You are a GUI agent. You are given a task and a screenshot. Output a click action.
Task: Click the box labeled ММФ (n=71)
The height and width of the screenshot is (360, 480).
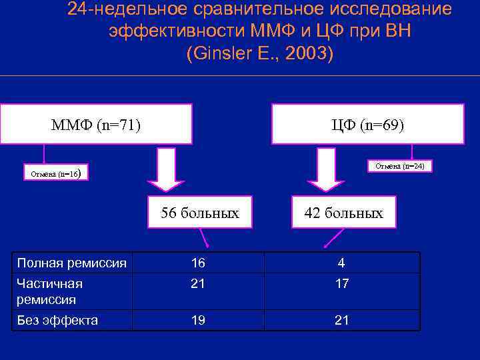coord(96,124)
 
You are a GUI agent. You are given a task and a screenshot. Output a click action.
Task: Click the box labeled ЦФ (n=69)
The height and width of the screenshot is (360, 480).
coord(368,124)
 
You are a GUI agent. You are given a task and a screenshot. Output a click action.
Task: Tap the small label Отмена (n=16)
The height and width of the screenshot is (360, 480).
coord(56,174)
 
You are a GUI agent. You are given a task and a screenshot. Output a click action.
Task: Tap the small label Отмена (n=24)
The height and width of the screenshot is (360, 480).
coord(399,166)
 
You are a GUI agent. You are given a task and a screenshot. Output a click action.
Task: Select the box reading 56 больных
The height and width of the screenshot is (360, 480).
coord(199,213)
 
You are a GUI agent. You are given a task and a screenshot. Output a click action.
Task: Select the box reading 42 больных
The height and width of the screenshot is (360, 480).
coord(343,213)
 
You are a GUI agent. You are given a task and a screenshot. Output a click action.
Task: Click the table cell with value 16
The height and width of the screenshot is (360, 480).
coord(197,263)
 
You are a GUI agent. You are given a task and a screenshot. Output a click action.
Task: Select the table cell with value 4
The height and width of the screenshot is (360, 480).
coord(341,263)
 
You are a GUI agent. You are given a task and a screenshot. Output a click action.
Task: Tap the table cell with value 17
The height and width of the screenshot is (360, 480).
coord(341,284)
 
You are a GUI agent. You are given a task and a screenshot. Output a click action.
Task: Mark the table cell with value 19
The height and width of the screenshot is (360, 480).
coord(197,320)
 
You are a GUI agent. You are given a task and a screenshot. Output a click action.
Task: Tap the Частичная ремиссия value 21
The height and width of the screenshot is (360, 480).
coord(197,284)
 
